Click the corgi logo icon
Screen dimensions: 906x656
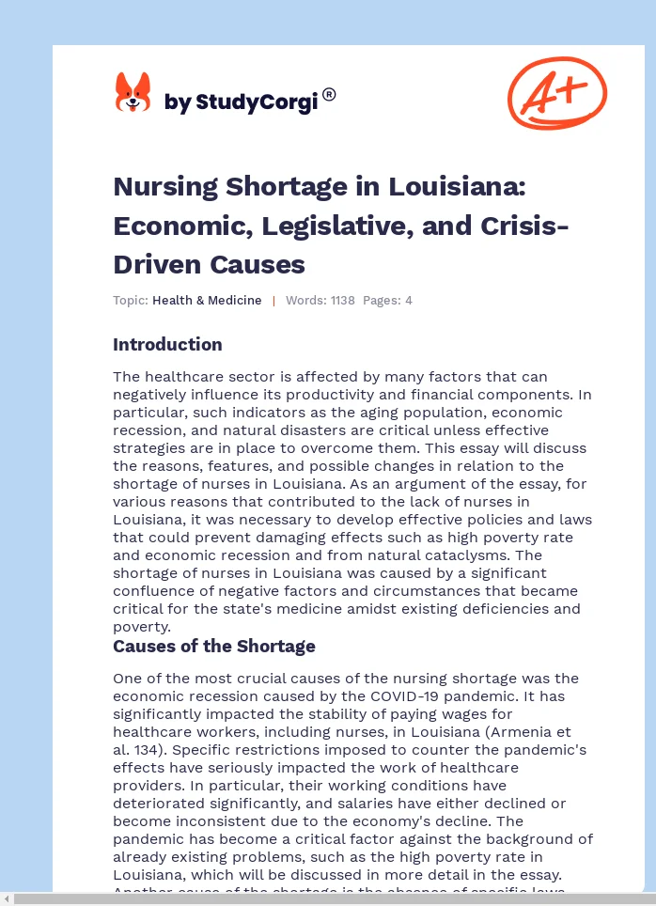point(133,93)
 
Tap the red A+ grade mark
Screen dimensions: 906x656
point(557,92)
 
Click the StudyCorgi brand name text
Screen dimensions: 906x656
point(241,102)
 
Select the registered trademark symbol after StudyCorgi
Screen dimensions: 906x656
point(329,94)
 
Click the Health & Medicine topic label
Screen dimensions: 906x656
point(207,301)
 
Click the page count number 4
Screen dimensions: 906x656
point(409,301)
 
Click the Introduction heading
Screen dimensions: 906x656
point(167,344)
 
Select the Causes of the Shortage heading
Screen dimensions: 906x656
point(214,647)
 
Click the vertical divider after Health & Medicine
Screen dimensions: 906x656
point(273,301)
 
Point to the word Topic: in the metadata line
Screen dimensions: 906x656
point(131,301)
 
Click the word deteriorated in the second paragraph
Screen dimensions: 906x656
point(154,803)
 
